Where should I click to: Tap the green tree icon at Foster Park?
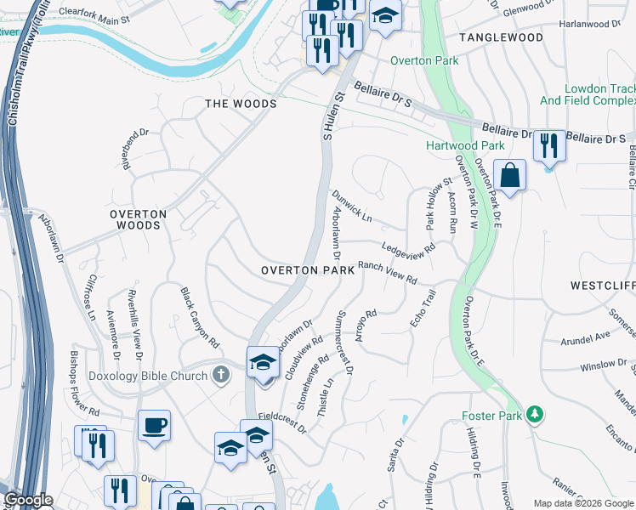point(535,415)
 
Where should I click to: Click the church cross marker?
point(220,374)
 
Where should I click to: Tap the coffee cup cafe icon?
point(154,425)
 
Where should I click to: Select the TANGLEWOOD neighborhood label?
point(501,38)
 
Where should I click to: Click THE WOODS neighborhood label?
point(241,104)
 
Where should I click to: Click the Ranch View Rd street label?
point(387,273)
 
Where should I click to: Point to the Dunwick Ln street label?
point(352,206)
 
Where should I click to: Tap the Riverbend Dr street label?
point(136,149)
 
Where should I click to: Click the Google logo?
point(27,501)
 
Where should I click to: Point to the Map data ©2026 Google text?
point(582,503)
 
